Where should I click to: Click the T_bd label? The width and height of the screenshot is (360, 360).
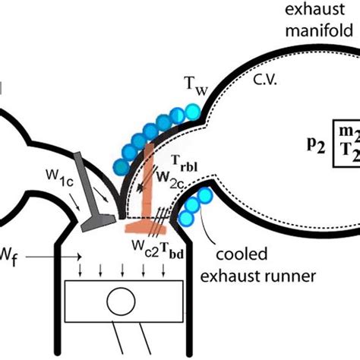coord(169,245)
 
